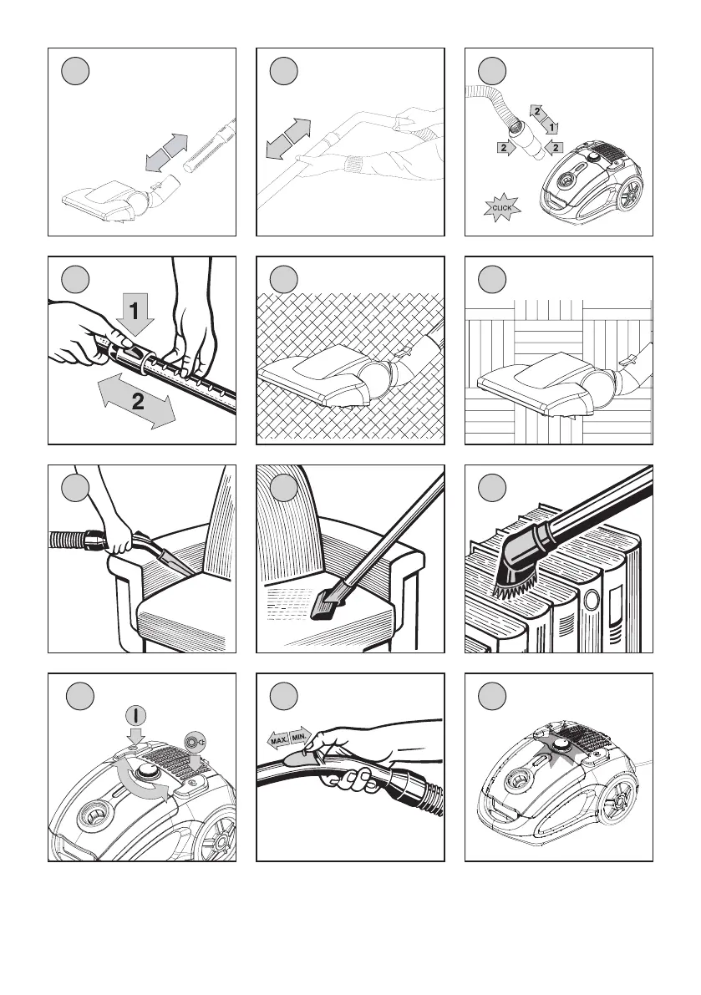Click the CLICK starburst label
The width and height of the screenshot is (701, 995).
click(502, 207)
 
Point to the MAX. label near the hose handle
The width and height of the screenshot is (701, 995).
click(277, 740)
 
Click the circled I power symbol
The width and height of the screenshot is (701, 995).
click(135, 716)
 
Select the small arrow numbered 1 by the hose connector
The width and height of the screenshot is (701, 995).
click(550, 128)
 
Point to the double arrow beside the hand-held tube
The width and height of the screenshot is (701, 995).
click(288, 138)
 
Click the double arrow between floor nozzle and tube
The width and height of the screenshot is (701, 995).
click(167, 152)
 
